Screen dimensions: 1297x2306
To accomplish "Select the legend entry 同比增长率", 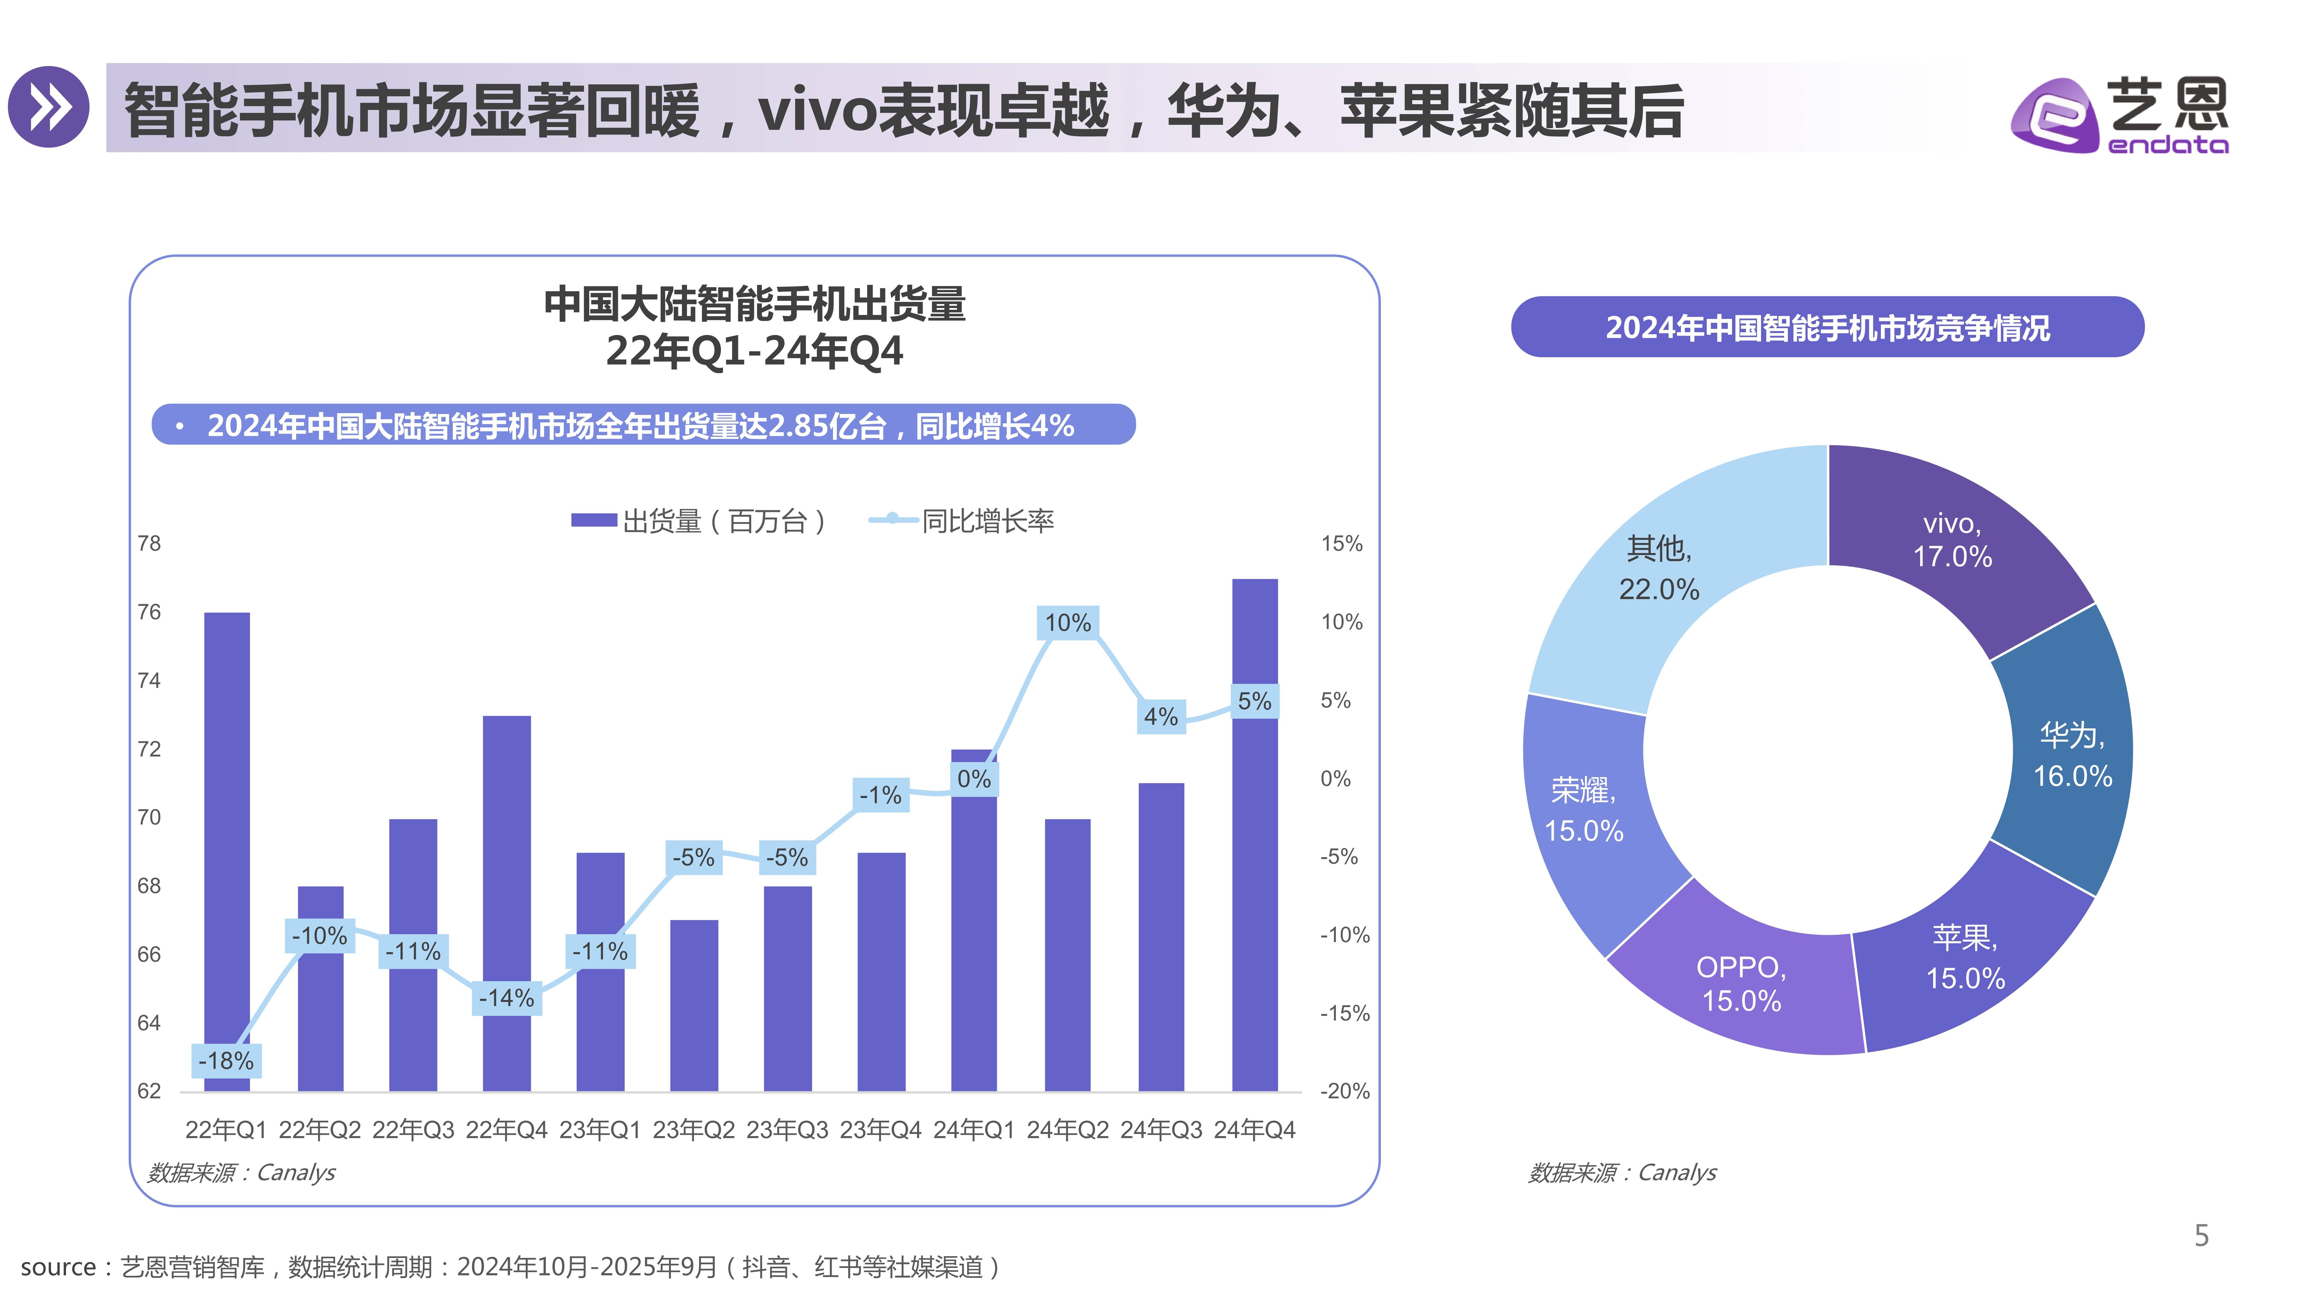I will coord(962,521).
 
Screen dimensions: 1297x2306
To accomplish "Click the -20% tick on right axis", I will coord(1345,1091).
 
